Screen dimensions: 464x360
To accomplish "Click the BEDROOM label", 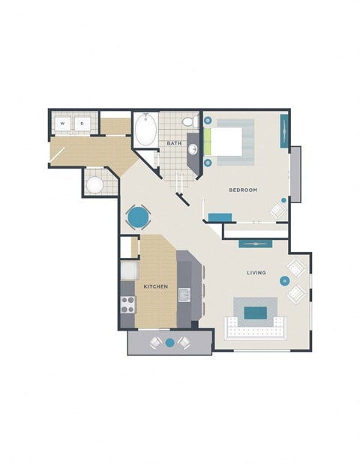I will tap(243, 190).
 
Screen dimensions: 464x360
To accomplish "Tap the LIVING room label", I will tap(256, 272).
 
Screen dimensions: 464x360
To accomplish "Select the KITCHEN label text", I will tap(156, 287).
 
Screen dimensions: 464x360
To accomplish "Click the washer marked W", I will tap(63, 124).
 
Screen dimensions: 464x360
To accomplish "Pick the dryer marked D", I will tap(82, 124).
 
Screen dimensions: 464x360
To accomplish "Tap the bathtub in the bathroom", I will tap(145, 130).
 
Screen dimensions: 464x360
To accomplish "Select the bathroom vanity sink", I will tap(193, 149).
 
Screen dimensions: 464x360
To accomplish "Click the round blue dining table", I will tap(138, 217).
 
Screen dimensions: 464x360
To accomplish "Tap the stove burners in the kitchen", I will tap(127, 304).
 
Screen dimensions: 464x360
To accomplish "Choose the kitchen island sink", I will tap(184, 295).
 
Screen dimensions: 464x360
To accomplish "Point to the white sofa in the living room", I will tap(256, 328).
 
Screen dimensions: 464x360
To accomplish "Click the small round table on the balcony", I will tap(169, 343).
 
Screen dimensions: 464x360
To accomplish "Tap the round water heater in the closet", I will tap(95, 184).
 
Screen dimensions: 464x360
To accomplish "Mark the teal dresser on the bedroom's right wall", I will tap(284, 130).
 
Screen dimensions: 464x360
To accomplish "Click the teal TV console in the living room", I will tap(255, 244).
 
